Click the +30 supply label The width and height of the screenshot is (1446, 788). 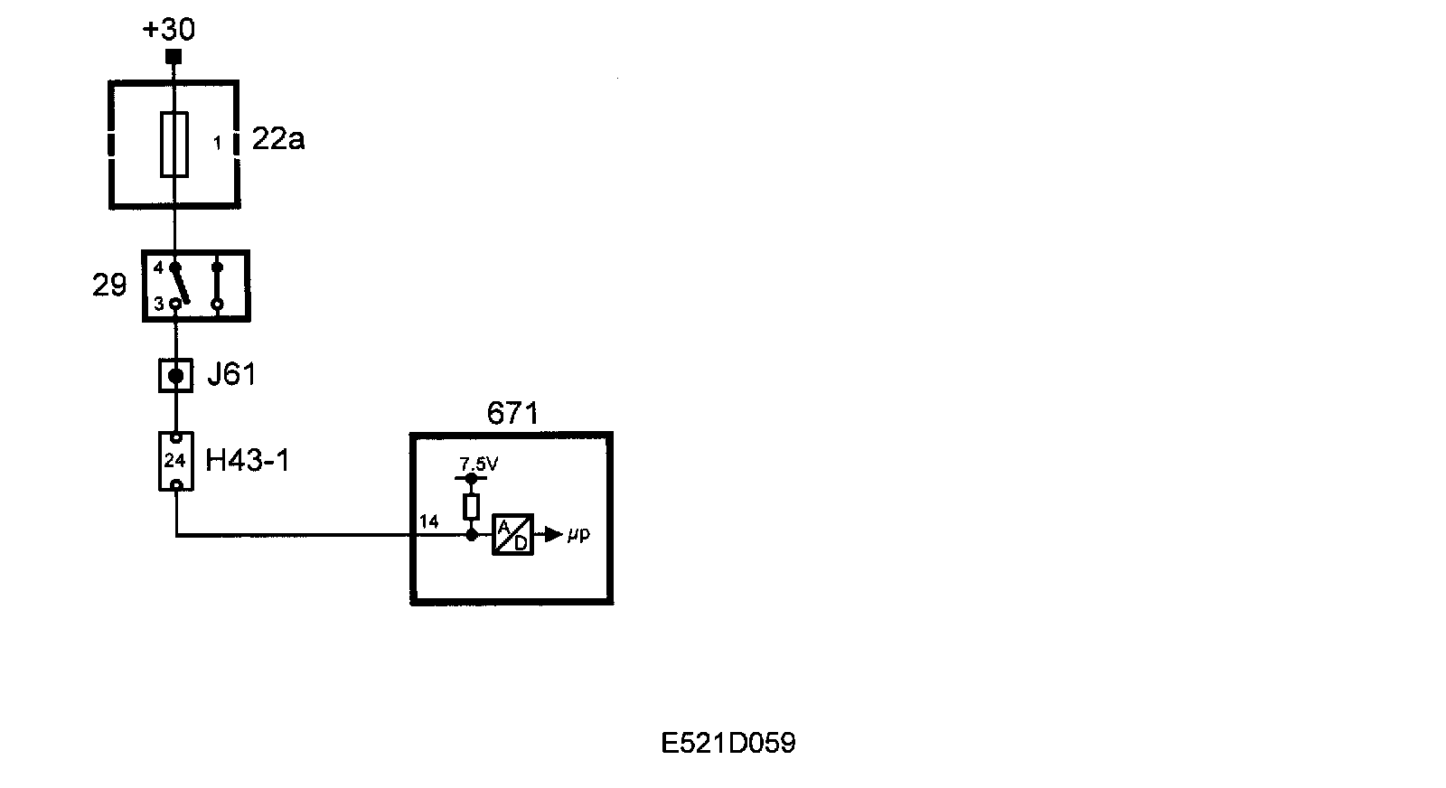click(169, 30)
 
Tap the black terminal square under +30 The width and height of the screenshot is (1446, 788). click(174, 57)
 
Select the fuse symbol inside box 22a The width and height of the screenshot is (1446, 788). click(174, 145)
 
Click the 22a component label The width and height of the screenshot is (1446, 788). click(278, 140)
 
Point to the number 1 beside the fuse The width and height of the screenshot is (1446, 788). click(217, 143)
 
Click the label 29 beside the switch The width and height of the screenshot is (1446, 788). click(109, 286)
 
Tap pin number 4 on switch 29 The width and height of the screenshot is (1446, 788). click(159, 267)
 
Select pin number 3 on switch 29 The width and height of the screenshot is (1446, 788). click(159, 305)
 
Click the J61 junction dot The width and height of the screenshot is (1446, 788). click(175, 375)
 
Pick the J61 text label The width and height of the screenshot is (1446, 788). click(231, 374)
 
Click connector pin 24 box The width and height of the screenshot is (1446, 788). click(175, 461)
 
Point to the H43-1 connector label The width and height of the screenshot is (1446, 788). click(248, 461)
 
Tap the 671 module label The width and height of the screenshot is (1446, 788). click(512, 414)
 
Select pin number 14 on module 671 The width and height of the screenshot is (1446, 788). click(429, 521)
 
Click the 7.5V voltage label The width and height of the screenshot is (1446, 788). click(479, 464)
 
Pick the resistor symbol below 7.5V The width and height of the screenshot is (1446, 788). click(471, 507)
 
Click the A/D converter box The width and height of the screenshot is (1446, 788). click(512, 535)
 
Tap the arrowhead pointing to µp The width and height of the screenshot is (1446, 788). click(553, 535)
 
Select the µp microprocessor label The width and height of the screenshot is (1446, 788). click(578, 534)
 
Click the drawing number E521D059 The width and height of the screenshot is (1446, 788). click(728, 744)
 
